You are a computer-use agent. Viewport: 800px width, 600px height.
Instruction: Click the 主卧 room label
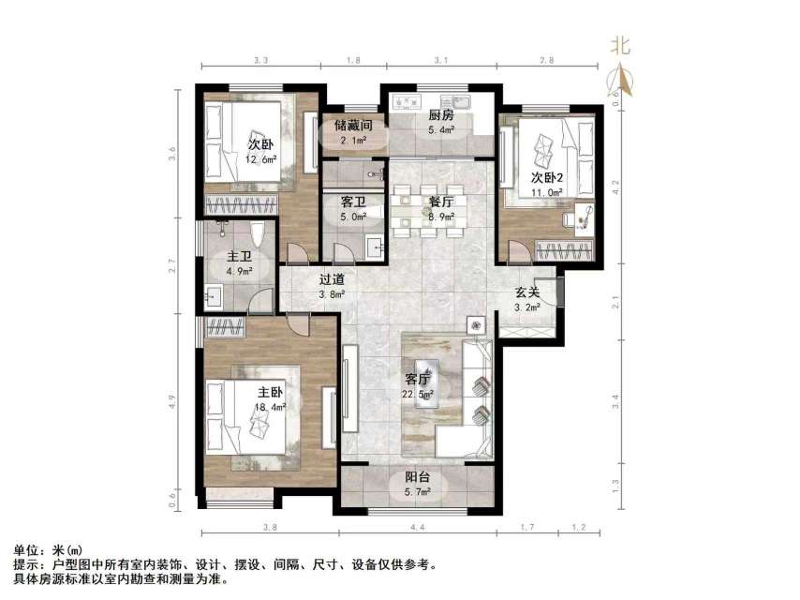tap(271, 392)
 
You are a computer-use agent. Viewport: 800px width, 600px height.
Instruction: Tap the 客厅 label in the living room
tap(417, 380)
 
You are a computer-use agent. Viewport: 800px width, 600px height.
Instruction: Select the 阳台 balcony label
tap(417, 476)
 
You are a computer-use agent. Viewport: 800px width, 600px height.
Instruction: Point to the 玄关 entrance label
tap(526, 292)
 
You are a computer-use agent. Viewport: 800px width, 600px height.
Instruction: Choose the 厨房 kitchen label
tap(441, 115)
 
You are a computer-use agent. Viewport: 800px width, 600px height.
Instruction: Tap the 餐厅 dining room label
tap(441, 202)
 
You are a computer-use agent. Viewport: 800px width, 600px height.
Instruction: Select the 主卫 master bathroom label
tap(239, 257)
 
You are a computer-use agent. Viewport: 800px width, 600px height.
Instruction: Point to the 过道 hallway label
tap(332, 278)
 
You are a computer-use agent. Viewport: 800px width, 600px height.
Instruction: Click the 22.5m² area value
tap(417, 394)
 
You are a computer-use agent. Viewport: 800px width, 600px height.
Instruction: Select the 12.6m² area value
tap(260, 158)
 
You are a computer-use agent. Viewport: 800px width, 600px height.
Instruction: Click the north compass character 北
tap(619, 44)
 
